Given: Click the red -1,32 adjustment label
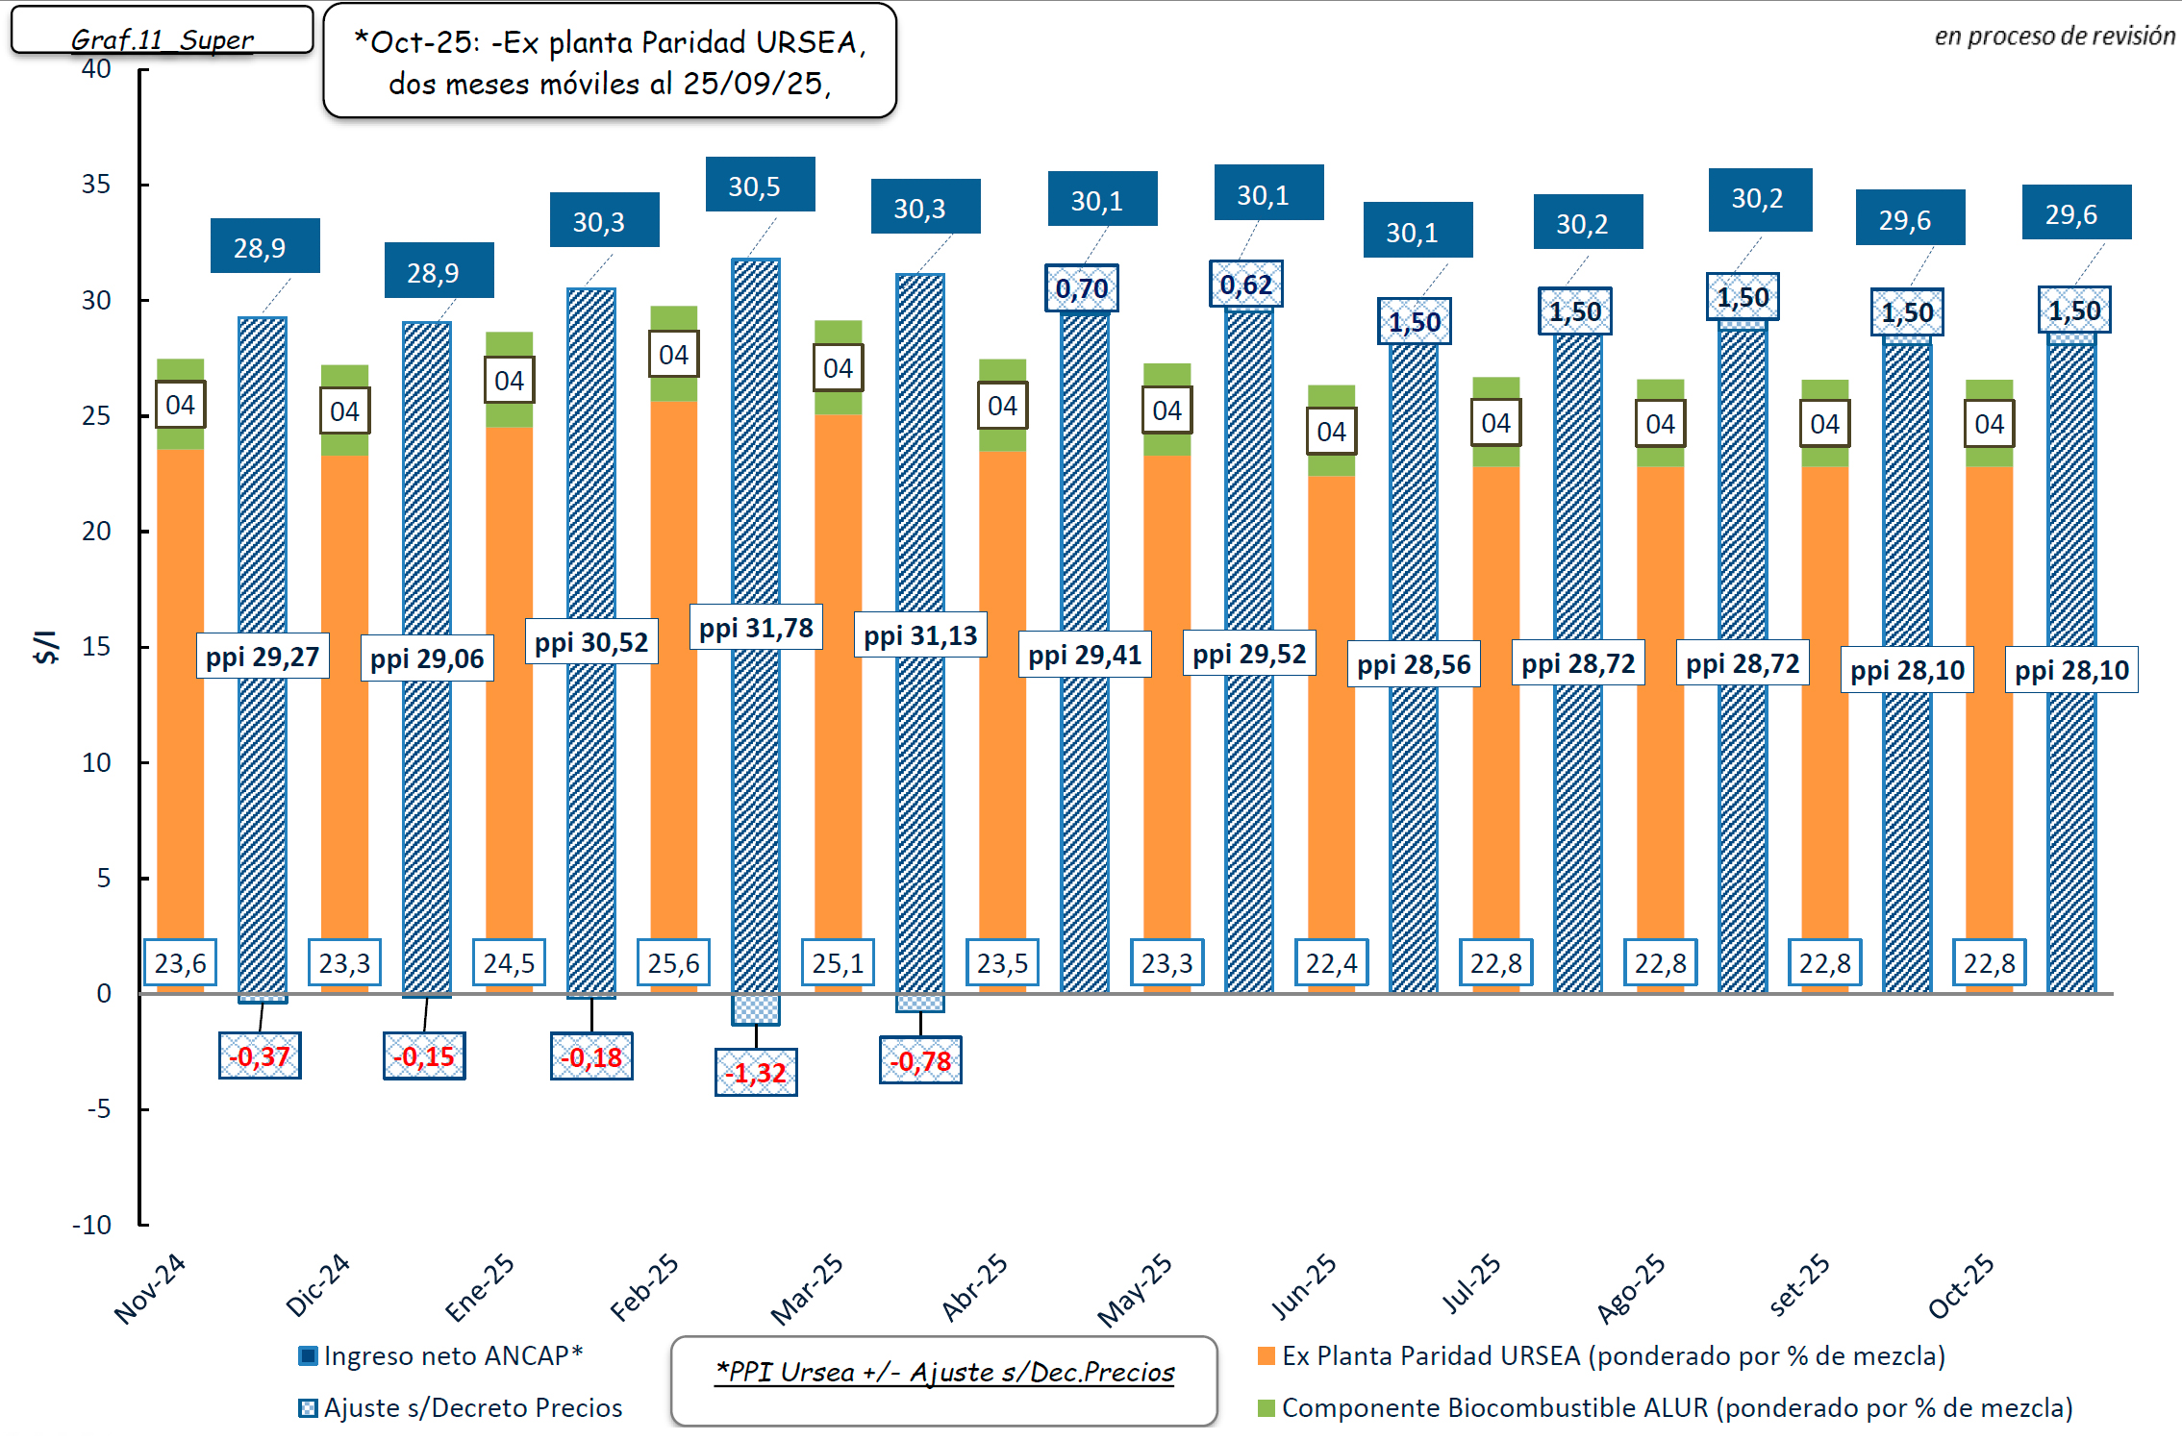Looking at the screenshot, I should point(756,1072).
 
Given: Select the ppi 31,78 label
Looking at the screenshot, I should point(756,628).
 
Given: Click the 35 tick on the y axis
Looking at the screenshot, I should point(96,184).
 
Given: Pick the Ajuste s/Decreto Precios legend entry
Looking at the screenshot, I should point(461,1407).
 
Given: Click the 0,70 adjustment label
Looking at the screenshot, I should point(1082,287).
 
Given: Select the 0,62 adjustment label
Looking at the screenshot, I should point(1246,284).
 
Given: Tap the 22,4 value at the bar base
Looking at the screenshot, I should point(1331,962).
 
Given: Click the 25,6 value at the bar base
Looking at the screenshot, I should point(673,962).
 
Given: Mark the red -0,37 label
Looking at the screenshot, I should point(260,1055).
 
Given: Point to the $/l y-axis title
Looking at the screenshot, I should point(46,647).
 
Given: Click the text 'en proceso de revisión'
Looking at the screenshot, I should point(2054,36).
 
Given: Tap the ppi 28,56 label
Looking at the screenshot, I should point(1414,664).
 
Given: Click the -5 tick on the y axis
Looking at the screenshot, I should point(98,1108).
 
